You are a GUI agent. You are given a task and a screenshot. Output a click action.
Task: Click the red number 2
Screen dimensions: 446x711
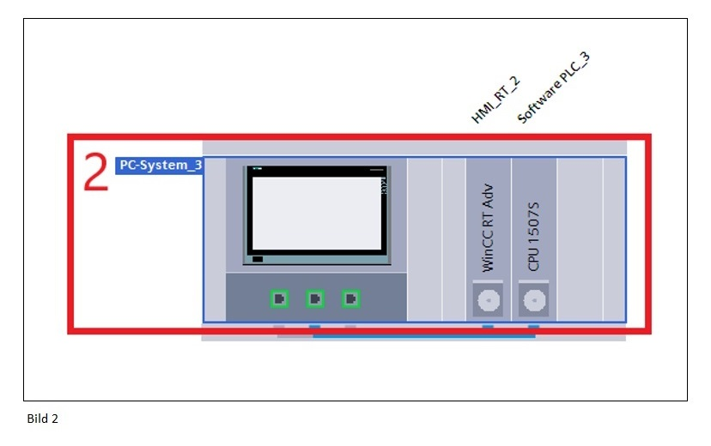[96, 172]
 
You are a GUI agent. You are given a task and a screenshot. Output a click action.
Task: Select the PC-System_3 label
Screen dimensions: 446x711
[160, 165]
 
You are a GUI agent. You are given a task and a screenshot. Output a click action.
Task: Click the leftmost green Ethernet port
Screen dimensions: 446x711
[280, 298]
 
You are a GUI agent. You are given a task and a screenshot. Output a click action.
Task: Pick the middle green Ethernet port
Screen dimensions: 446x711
[315, 298]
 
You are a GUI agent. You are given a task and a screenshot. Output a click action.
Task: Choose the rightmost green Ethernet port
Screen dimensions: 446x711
[350, 298]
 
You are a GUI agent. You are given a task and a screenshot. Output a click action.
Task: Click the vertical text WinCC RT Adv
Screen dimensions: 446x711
[488, 232]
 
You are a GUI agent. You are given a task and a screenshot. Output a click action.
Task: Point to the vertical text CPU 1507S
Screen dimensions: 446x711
[534, 237]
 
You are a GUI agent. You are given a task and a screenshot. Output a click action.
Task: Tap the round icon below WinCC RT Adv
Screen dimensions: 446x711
[488, 300]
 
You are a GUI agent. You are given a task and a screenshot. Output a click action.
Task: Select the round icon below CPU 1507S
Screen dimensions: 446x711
[534, 300]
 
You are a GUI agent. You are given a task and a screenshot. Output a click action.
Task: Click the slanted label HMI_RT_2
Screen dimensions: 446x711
[495, 100]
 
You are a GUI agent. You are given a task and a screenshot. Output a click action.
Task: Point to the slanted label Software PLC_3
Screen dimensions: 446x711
[553, 87]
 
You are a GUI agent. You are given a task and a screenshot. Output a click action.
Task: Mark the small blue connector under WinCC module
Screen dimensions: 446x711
[488, 327]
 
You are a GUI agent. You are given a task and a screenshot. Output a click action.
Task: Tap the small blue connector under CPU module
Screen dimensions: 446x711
[534, 327]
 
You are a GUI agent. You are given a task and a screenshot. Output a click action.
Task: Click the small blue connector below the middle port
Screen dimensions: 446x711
[315, 327]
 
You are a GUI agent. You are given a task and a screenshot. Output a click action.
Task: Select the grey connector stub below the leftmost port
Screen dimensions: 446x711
[279, 327]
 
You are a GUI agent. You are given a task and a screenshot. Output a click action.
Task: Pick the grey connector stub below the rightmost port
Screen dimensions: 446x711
[350, 327]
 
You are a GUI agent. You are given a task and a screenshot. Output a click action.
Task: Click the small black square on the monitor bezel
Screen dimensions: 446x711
[258, 258]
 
